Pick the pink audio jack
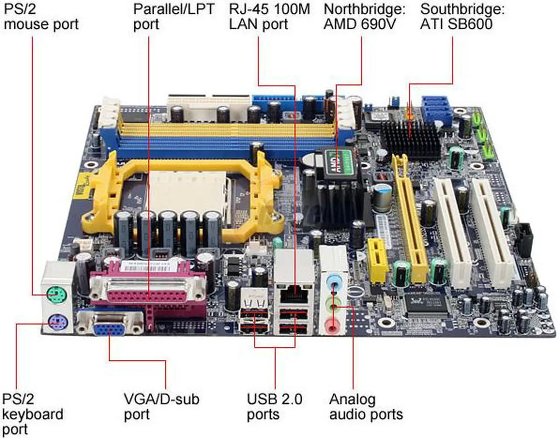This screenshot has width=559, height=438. pyautogui.click(x=333, y=324)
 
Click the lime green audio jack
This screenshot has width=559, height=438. pyautogui.click(x=334, y=303)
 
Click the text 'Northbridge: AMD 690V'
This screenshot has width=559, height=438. pyautogui.click(x=364, y=16)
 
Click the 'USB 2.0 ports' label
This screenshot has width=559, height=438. pyautogui.click(x=274, y=406)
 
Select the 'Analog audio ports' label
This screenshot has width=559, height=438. pyautogui.click(x=366, y=406)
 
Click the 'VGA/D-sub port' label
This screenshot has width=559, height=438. pyautogui.click(x=161, y=406)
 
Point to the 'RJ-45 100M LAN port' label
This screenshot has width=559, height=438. pyautogui.click(x=269, y=16)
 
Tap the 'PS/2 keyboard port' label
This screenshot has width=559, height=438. pyautogui.click(x=33, y=414)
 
